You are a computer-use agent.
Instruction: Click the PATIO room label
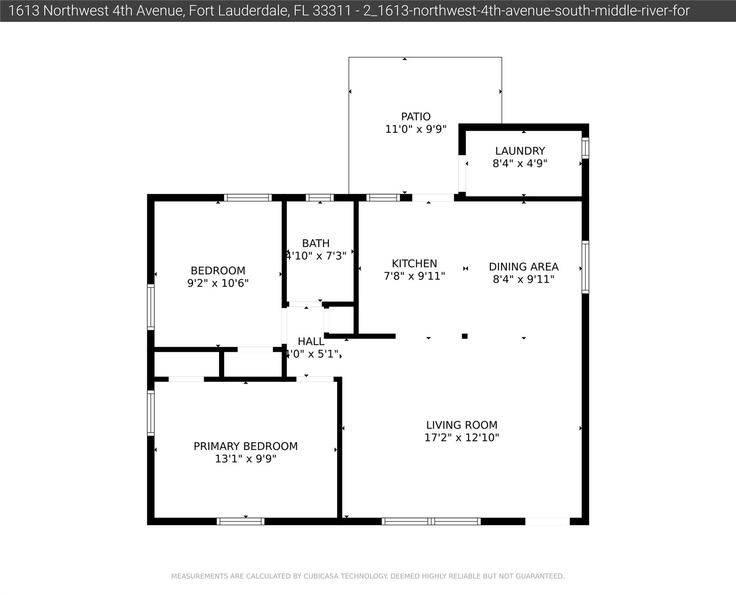point(416,117)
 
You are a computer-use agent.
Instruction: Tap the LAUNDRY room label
point(520,151)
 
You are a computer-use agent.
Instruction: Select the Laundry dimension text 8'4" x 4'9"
point(520,163)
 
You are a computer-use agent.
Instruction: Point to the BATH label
point(316,243)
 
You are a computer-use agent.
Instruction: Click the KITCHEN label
point(414,263)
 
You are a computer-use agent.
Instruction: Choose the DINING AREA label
point(524,267)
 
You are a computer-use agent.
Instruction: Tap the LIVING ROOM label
point(462,425)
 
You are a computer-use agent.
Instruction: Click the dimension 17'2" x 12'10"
point(462,437)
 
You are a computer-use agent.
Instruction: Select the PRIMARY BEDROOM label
point(246,446)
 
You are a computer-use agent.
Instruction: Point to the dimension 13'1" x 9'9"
point(246,459)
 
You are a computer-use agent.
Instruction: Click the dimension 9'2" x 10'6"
point(218,283)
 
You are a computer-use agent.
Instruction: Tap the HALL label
point(311,342)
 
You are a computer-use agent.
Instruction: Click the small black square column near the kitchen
point(465,336)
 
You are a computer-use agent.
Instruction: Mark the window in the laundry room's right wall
point(585,148)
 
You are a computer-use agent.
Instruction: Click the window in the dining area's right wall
point(585,267)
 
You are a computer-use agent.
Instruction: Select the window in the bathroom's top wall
point(320,198)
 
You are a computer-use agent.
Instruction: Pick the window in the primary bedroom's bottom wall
point(241,521)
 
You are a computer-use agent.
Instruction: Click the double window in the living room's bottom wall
point(431,521)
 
